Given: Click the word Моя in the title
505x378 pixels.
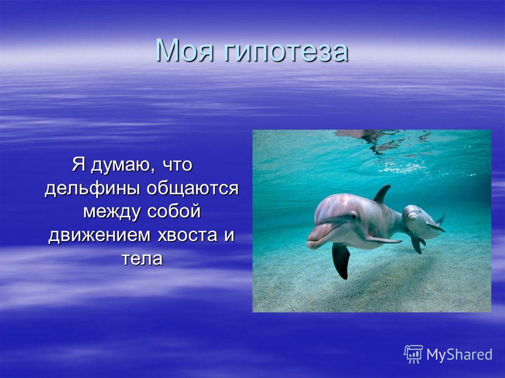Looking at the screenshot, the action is click(x=185, y=50).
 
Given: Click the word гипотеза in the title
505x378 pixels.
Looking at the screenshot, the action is click(x=286, y=51).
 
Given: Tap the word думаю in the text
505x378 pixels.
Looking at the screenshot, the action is click(x=120, y=165).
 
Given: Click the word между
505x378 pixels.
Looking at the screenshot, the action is click(x=113, y=212).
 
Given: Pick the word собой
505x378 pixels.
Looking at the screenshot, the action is click(x=174, y=212).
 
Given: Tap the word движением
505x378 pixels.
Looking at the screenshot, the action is click(x=99, y=236).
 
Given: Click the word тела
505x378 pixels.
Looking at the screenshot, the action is click(x=143, y=259).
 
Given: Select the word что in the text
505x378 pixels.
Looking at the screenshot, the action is click(x=177, y=166).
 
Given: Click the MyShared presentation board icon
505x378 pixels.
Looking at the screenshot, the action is click(x=413, y=354).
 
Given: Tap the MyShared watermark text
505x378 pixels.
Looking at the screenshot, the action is click(x=459, y=354).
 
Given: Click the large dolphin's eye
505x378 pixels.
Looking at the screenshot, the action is click(x=354, y=216).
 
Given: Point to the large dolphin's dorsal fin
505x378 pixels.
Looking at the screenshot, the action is click(x=382, y=194).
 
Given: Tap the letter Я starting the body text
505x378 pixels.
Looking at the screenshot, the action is click(x=78, y=164).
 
